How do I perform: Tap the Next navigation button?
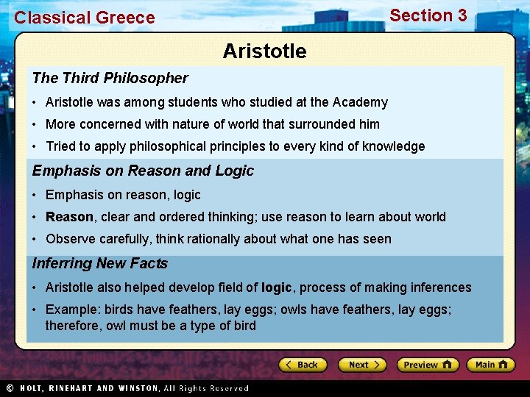pyautogui.click(x=362, y=365)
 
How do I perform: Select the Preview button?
pyautogui.click(x=427, y=365)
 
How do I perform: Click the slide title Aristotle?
pyautogui.click(x=264, y=51)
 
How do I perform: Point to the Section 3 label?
pyautogui.click(x=428, y=15)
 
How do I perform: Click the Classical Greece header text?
pyautogui.click(x=85, y=18)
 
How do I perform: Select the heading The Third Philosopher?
pyautogui.click(x=110, y=78)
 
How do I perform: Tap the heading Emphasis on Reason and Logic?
pyautogui.click(x=143, y=171)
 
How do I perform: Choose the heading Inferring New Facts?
pyautogui.click(x=100, y=263)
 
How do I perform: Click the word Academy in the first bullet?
pyautogui.click(x=360, y=102)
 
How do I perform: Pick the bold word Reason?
pyautogui.click(x=69, y=217)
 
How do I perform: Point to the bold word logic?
pyautogui.click(x=277, y=287)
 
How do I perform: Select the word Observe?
pyautogui.click(x=69, y=239)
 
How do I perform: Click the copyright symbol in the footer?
pyautogui.click(x=10, y=388)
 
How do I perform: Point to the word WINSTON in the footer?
pyautogui.click(x=135, y=388)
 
